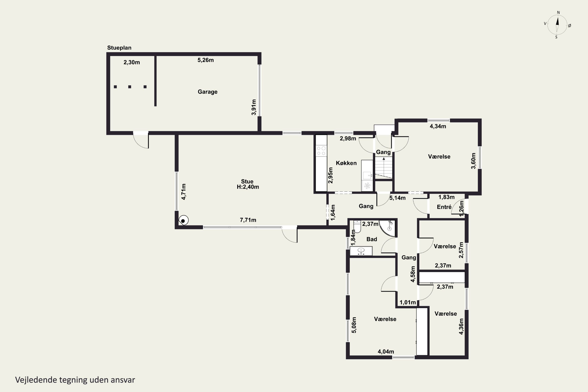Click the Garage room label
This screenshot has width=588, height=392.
pyautogui.click(x=208, y=92)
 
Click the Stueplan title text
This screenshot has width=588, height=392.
pyautogui.click(x=119, y=48)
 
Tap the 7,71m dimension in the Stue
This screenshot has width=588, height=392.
pyautogui.click(x=248, y=220)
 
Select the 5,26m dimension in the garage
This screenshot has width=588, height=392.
pyautogui.click(x=205, y=60)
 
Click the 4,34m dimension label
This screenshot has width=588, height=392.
pyautogui.click(x=438, y=126)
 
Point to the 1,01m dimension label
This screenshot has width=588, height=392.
pyautogui.click(x=407, y=302)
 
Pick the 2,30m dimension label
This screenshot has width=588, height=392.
pyautogui.click(x=132, y=62)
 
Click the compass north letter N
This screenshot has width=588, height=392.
pyautogui.click(x=558, y=13)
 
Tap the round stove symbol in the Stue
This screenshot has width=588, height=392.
pyautogui.click(x=183, y=220)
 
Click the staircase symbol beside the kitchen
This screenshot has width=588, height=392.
pyautogui.click(x=384, y=168)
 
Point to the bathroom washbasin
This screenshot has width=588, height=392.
pyautogui.click(x=361, y=251)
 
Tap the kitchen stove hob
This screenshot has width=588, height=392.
pyautogui.click(x=321, y=151)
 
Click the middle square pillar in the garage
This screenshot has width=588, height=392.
pyautogui.click(x=130, y=87)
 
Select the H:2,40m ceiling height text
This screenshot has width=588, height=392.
pyautogui.click(x=248, y=187)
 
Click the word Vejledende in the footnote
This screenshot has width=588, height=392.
pyautogui.click(x=36, y=380)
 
